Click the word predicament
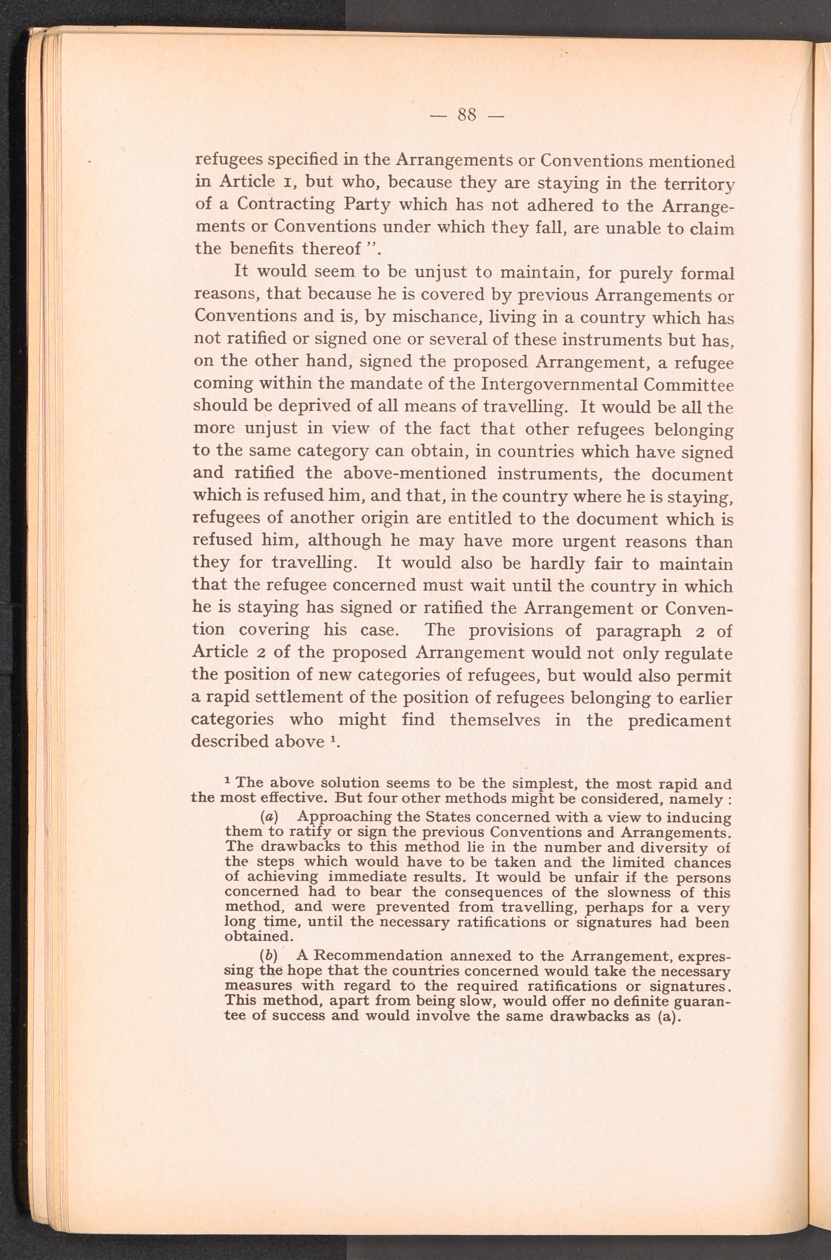(679, 720)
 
